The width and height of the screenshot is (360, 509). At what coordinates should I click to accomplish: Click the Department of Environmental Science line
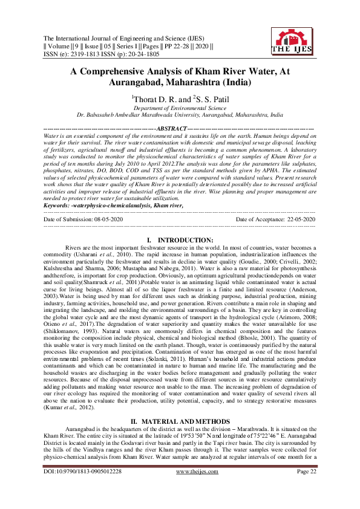180,107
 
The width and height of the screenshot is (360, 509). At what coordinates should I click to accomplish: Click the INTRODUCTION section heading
185,240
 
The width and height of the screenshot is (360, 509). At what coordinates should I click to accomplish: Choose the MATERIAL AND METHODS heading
185,421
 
